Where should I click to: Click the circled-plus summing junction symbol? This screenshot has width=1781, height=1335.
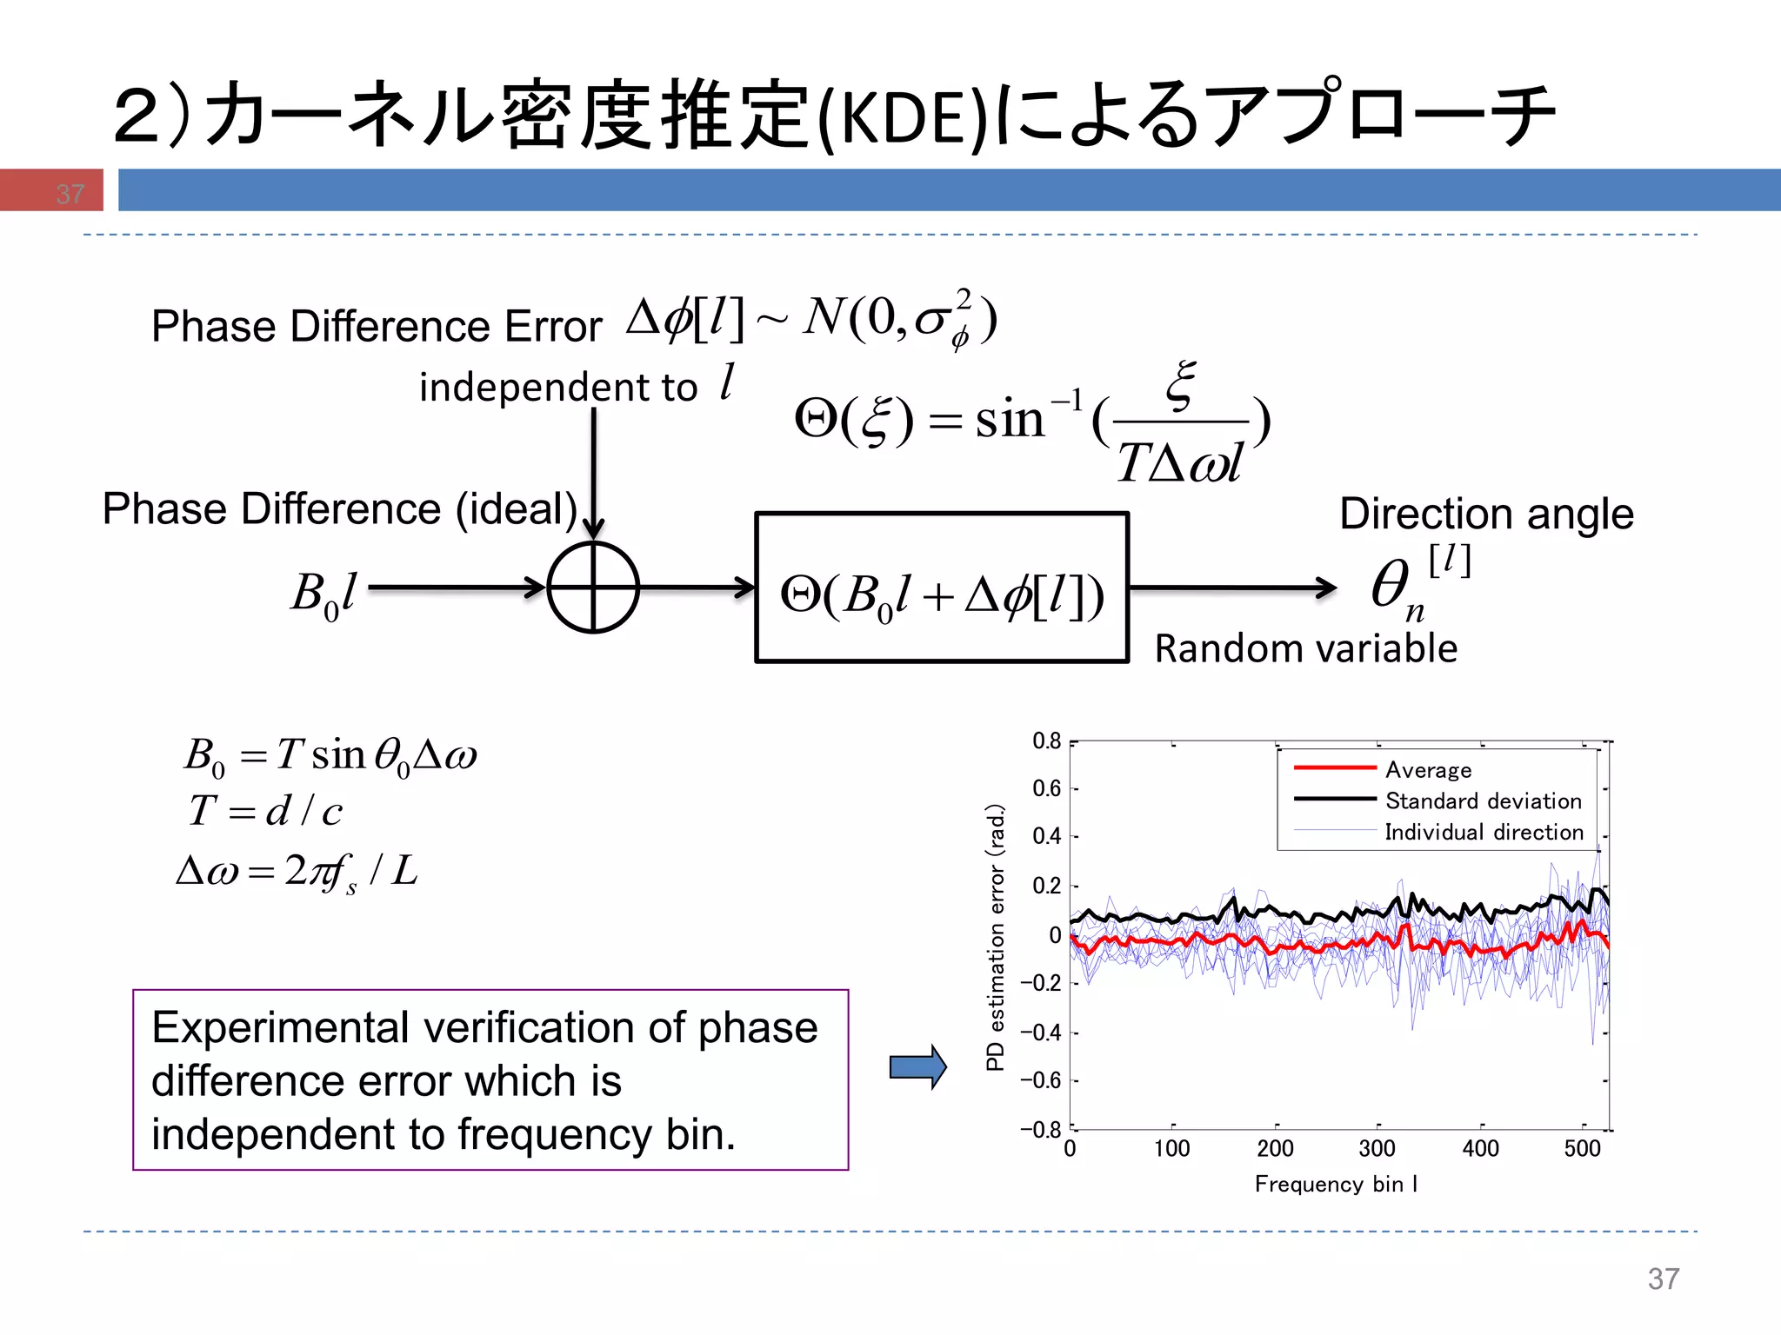pos(593,588)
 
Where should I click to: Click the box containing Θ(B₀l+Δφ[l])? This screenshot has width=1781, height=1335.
pos(942,588)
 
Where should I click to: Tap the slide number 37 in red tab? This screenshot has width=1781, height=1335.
pos(70,193)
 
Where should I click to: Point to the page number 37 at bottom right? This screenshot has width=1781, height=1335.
pos(1663,1279)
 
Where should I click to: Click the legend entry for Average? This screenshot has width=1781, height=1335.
pos(1428,770)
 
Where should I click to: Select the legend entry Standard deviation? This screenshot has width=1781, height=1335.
pos(1483,800)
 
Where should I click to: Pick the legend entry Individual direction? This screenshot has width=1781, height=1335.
pos(1483,832)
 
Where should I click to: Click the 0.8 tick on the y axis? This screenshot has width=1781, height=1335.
pos(1047,741)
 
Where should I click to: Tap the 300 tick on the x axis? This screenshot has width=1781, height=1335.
pos(1377,1148)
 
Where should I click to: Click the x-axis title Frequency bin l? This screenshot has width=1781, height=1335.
pos(1336,1184)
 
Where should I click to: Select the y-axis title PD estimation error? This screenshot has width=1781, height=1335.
pos(996,937)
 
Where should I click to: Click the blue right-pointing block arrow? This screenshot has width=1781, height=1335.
pos(917,1066)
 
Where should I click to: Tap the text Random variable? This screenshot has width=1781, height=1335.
pos(1305,649)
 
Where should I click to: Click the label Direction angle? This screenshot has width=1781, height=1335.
pos(1486,514)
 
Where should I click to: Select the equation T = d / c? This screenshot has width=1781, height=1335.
pos(266,811)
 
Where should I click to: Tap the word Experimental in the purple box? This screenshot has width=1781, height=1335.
pos(283,1027)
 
